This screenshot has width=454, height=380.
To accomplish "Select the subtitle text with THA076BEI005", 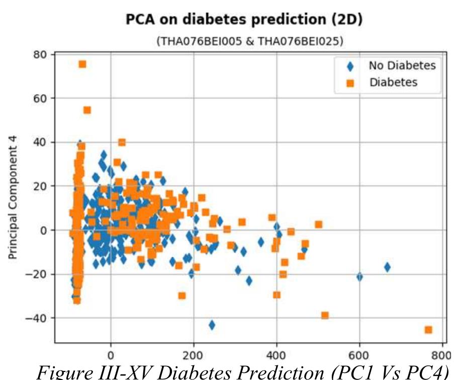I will click(x=250, y=41).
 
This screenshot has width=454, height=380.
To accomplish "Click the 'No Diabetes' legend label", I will click(x=402, y=65).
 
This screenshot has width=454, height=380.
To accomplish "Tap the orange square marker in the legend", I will click(x=350, y=83).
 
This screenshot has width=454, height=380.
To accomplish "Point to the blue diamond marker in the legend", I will click(x=350, y=66).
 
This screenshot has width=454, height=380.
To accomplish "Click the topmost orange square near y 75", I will click(x=82, y=64).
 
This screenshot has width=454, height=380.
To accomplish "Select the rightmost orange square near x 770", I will click(x=428, y=330).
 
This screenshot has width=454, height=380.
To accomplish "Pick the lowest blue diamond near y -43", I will click(x=212, y=325).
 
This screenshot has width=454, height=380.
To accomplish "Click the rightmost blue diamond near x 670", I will click(x=387, y=267).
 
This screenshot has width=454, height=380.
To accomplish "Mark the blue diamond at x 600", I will click(x=359, y=276).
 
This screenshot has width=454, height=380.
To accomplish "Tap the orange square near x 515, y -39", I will click(x=325, y=315).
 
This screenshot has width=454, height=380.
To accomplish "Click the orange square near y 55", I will click(x=87, y=110).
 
